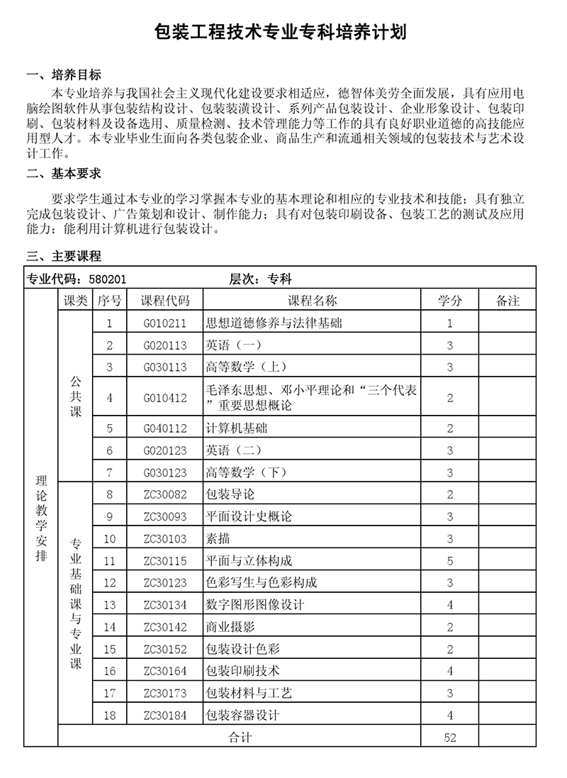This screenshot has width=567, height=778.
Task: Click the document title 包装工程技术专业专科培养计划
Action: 283,33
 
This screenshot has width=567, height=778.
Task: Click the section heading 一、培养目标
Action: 64,75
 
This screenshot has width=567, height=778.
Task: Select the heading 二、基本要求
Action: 64,173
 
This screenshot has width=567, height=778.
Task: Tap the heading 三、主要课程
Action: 64,256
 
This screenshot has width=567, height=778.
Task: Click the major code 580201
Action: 107,280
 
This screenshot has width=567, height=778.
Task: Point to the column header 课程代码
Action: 165,301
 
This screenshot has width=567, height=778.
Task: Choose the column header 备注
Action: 507,301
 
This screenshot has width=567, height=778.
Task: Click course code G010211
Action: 165,323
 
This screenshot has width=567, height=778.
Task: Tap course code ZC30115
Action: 165,561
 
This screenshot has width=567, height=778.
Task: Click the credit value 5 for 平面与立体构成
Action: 450,561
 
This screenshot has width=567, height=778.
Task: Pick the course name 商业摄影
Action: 230,627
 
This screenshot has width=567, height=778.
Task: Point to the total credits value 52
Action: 450,738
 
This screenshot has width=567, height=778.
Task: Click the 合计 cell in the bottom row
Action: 240,738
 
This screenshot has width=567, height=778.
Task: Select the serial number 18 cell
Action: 110,715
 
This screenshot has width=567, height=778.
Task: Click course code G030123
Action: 165,472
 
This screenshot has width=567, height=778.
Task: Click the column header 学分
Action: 450,301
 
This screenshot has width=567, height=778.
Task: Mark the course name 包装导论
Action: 230,494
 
